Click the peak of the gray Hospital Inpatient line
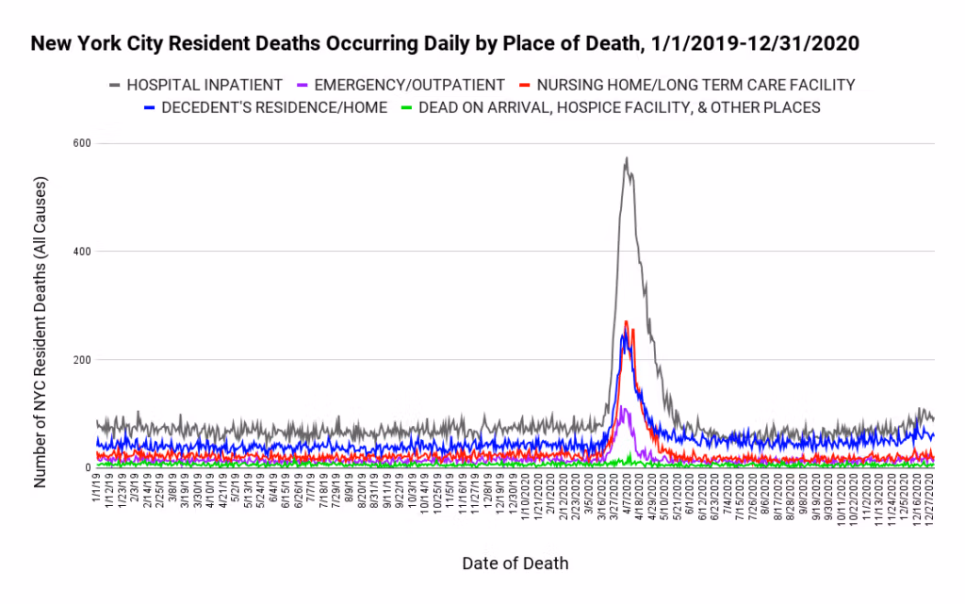(x=626, y=158)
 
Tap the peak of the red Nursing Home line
(x=626, y=321)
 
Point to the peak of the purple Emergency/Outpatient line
(x=622, y=407)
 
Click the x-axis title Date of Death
(x=515, y=563)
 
